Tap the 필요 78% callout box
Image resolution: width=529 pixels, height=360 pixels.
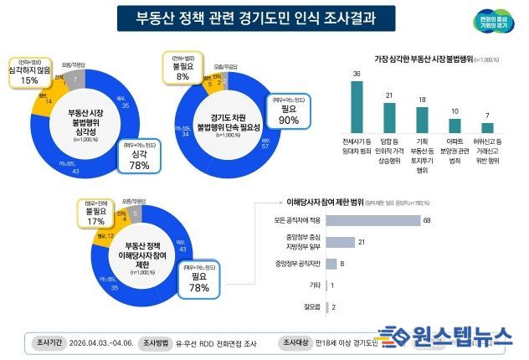(x=199, y=281)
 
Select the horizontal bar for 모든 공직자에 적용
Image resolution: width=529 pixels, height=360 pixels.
(x=374, y=220)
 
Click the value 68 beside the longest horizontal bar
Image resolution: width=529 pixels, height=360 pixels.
(x=427, y=220)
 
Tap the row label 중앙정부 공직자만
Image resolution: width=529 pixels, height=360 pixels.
(x=298, y=264)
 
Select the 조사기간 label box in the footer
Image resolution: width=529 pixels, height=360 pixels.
(x=48, y=342)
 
